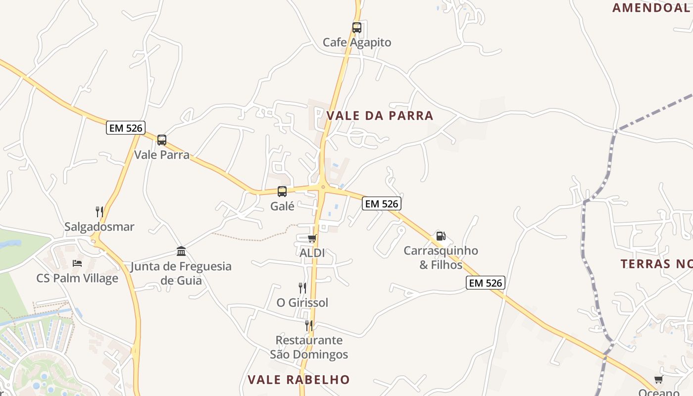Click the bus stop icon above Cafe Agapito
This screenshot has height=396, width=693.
tap(357, 28)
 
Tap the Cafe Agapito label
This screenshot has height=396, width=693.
tap(357, 43)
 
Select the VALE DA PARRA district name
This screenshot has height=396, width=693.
tap(380, 116)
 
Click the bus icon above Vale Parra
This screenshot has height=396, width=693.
tap(162, 140)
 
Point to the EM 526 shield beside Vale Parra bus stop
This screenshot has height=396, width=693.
tap(126, 128)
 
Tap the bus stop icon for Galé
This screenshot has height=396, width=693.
tap(282, 192)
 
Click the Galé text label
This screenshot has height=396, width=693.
tap(282, 206)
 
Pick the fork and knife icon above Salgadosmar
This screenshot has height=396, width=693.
tap(99, 212)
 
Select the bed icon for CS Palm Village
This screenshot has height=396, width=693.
tap(77, 263)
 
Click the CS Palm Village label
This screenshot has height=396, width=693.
tap(77, 278)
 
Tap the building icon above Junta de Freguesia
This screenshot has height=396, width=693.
tap(181, 251)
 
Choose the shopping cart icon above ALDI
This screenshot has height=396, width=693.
tap(312, 239)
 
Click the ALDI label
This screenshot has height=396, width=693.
tap(312, 253)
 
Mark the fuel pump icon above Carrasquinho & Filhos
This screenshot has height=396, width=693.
tap(441, 236)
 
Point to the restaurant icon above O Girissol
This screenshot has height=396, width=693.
tap(302, 288)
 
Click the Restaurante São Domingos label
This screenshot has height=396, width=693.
tap(309, 347)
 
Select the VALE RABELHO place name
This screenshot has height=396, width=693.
tap(298, 380)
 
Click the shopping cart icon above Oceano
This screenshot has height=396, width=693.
tap(658, 380)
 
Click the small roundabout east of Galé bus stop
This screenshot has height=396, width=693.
tap(323, 187)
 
